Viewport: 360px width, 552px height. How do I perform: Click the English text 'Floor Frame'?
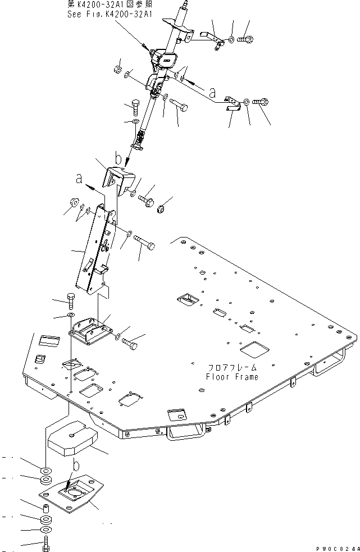tap(231, 377)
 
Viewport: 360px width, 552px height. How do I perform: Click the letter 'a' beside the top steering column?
tap(211, 90)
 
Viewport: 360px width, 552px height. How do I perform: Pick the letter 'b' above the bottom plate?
tap(76, 466)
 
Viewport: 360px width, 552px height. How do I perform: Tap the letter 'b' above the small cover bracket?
tap(118, 159)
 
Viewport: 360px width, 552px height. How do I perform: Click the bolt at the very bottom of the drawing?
tap(47, 544)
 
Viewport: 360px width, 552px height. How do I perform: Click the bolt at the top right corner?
tap(247, 39)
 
